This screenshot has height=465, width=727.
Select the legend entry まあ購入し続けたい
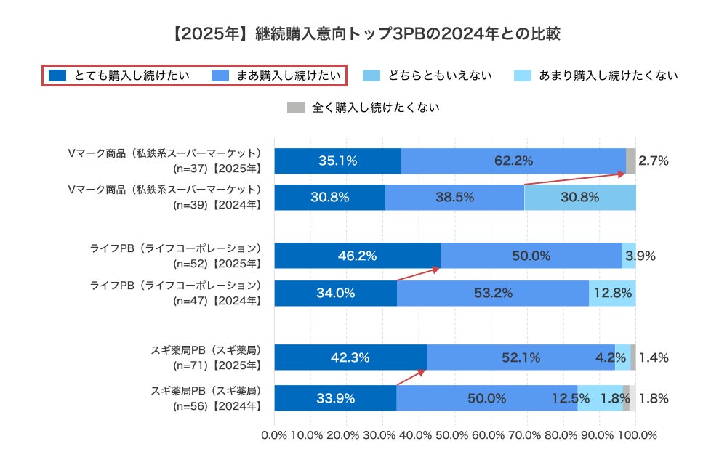(x=276, y=75)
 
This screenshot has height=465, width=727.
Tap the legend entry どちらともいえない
(x=429, y=75)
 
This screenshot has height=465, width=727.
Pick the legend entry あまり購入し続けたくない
(x=596, y=75)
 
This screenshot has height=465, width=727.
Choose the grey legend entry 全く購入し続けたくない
(x=364, y=108)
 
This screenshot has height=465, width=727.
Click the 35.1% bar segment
(x=337, y=161)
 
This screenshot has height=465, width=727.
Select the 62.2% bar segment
(x=513, y=161)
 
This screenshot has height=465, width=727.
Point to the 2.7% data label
(x=653, y=161)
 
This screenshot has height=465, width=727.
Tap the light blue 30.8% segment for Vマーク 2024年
(x=579, y=197)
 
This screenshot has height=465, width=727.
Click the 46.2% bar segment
(x=357, y=256)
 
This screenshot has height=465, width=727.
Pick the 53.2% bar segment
(x=493, y=293)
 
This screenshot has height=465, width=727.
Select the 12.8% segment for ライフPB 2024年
(x=612, y=293)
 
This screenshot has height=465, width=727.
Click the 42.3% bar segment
(x=350, y=357)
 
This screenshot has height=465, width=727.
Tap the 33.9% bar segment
(x=335, y=398)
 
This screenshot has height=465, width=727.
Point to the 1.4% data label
(x=653, y=357)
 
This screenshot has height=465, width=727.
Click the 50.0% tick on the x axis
(x=454, y=435)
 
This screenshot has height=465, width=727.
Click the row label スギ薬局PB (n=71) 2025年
(x=205, y=357)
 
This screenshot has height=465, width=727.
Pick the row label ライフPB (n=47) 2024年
(x=174, y=293)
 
